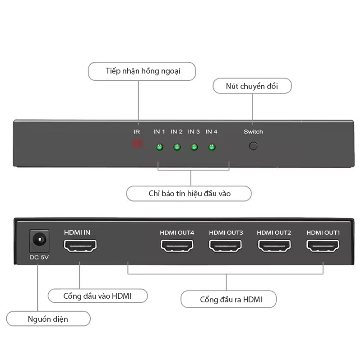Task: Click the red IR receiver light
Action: (x=137, y=144)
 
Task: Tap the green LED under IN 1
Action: (x=159, y=147)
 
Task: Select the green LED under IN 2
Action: (x=177, y=147)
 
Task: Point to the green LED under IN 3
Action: (x=194, y=147)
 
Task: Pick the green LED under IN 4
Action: (x=212, y=147)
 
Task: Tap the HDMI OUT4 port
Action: (x=177, y=246)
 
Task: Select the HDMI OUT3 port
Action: (x=226, y=246)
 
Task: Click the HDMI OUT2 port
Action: (x=274, y=246)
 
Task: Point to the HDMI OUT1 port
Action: (x=323, y=246)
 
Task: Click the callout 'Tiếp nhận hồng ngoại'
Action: (x=142, y=71)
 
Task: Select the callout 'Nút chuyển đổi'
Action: (x=252, y=86)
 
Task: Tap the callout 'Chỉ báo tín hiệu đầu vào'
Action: (x=189, y=194)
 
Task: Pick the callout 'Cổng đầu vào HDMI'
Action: (x=97, y=296)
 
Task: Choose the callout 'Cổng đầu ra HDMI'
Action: (x=228, y=299)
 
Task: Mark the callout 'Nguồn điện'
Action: (x=48, y=319)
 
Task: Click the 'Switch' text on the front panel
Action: (x=253, y=132)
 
